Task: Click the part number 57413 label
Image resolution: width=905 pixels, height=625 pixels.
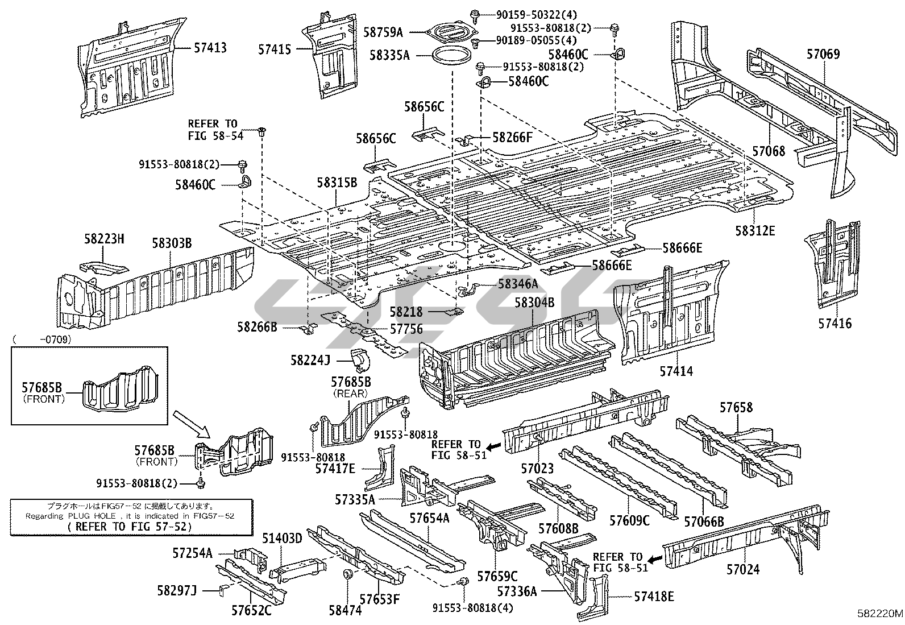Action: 210,48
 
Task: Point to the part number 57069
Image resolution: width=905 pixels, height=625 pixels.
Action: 823,55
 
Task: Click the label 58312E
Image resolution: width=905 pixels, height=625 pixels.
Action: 754,231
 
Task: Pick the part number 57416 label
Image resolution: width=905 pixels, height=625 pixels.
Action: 835,324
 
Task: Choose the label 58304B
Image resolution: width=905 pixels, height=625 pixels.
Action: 534,303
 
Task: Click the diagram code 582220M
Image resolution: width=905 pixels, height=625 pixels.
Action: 880,614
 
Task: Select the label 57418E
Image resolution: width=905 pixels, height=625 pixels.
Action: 654,597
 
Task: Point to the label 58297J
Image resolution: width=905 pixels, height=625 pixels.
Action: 177,591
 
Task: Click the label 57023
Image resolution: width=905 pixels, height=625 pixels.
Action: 537,469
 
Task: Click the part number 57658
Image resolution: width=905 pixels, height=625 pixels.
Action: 736,407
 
